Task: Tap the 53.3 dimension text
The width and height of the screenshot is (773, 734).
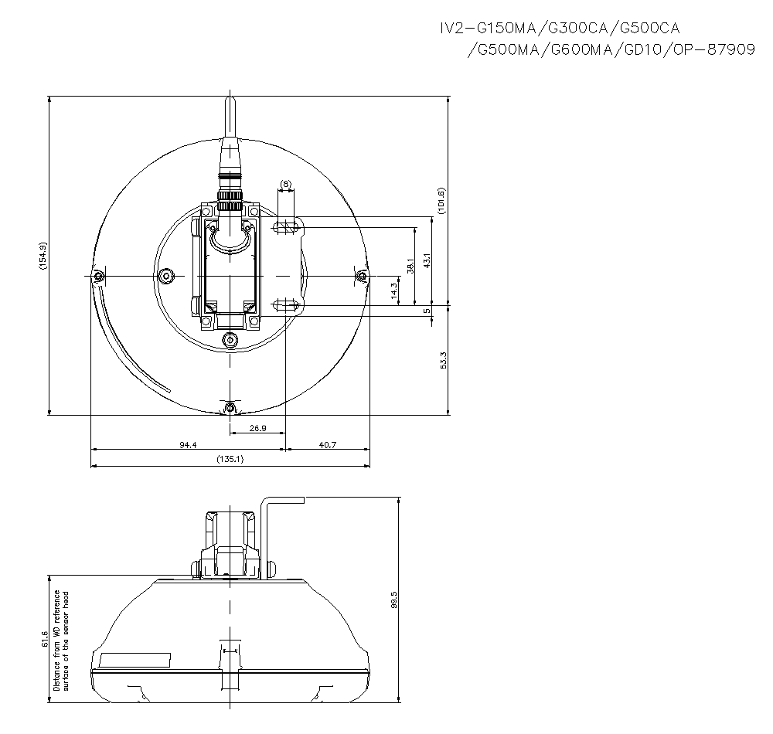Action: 443,361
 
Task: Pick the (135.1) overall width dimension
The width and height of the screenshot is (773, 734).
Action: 230,459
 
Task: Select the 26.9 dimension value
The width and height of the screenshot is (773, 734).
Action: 257,427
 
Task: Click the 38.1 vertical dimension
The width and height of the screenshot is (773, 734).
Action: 411,265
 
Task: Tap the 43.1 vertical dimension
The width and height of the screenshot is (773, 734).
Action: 427,261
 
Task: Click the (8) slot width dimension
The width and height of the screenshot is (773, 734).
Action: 285,184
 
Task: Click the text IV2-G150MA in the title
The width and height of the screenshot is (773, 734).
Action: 485,29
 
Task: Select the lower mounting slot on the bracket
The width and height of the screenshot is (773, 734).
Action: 286,305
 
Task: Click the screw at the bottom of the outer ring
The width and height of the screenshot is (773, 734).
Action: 229,407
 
